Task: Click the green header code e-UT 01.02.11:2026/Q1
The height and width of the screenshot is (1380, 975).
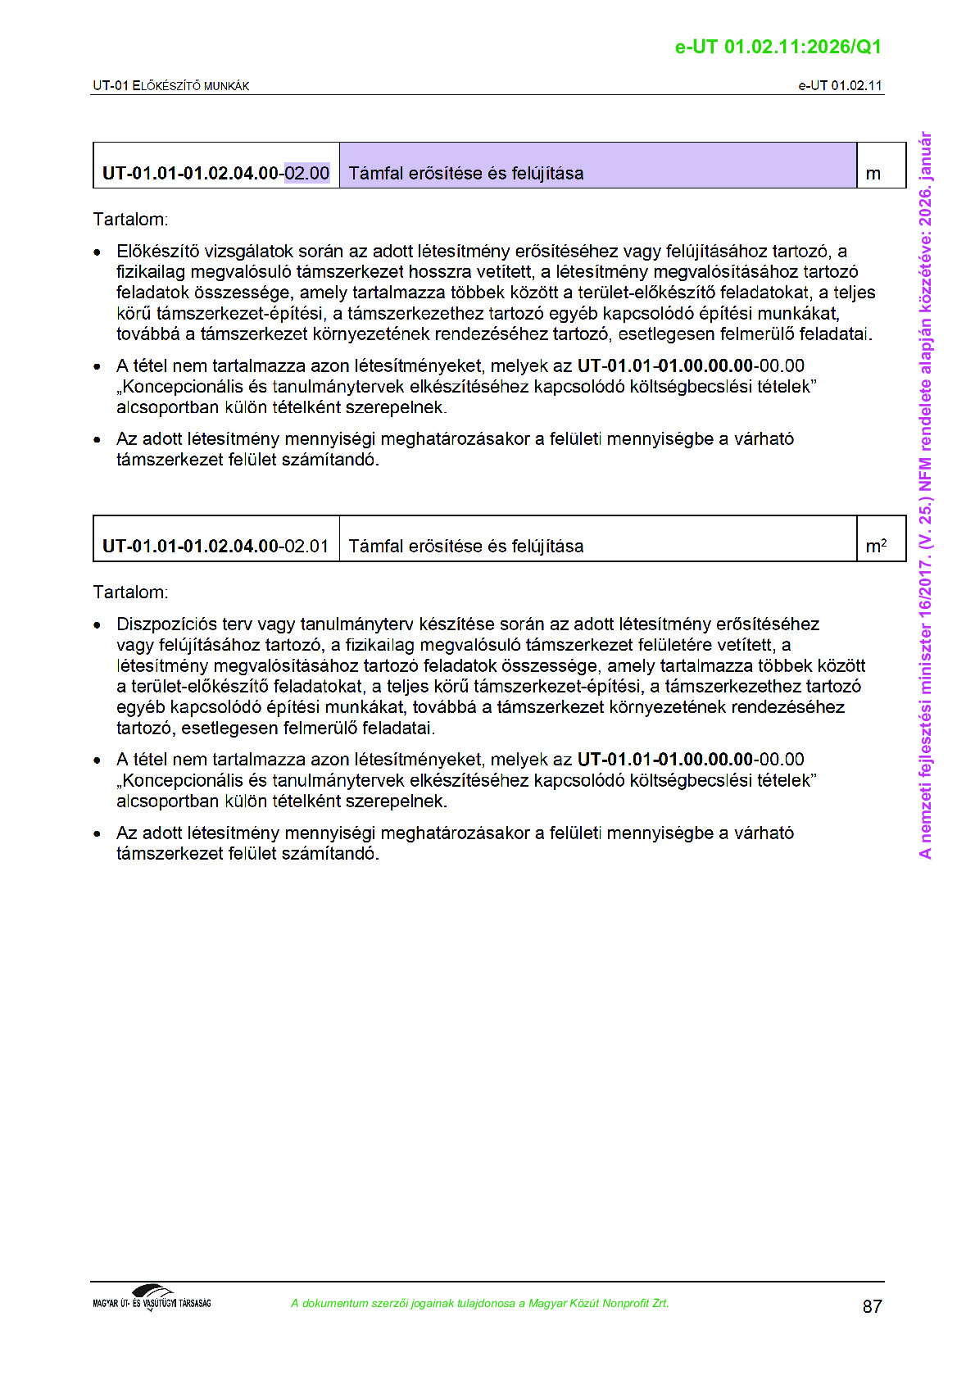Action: (x=778, y=47)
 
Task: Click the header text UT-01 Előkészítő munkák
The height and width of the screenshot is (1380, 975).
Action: (x=170, y=85)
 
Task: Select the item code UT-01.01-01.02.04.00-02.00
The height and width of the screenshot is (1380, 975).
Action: (x=215, y=173)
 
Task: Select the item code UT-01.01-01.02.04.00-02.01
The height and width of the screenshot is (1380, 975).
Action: (x=215, y=546)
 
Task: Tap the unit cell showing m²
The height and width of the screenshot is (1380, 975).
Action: (x=876, y=546)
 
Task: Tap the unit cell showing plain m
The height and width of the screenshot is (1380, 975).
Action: (x=873, y=173)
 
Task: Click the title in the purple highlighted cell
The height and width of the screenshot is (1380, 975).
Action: (x=466, y=173)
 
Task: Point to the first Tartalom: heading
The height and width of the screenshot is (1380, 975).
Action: (x=130, y=220)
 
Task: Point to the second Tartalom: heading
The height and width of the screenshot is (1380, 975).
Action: (x=130, y=592)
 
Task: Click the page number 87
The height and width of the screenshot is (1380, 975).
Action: (x=872, y=1306)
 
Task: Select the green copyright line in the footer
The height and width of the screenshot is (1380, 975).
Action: (x=479, y=1303)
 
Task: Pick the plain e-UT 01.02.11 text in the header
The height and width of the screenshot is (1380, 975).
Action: (x=840, y=85)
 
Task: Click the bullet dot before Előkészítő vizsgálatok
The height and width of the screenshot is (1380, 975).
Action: (x=97, y=252)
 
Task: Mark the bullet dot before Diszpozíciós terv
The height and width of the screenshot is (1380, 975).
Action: (x=97, y=625)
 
